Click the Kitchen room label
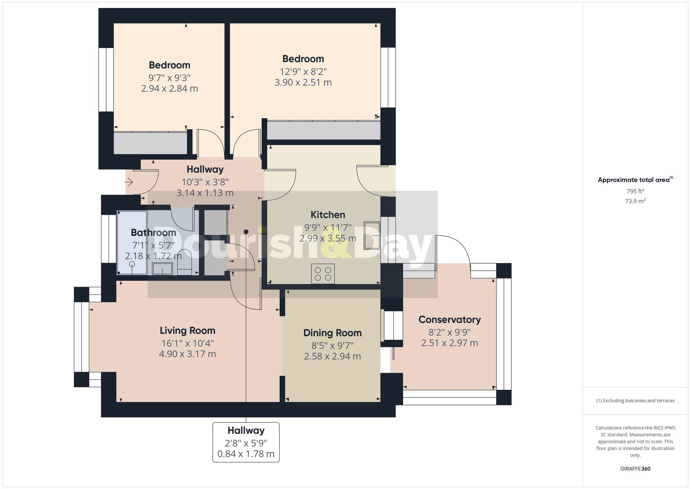(328, 215)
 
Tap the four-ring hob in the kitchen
(323, 274)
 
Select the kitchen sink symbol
(372, 236)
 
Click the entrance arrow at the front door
(129, 182)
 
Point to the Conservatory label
(449, 320)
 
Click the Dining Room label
(332, 333)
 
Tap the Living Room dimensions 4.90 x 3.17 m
(187, 354)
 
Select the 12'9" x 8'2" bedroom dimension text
(303, 72)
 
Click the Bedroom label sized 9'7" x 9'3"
(169, 65)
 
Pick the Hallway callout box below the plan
(246, 442)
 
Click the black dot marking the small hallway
(246, 232)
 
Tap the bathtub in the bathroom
(132, 242)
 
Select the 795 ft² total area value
(635, 191)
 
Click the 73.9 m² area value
(635, 201)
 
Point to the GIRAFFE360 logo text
(635, 469)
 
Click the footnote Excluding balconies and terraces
(635, 401)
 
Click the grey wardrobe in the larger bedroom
(323, 130)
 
